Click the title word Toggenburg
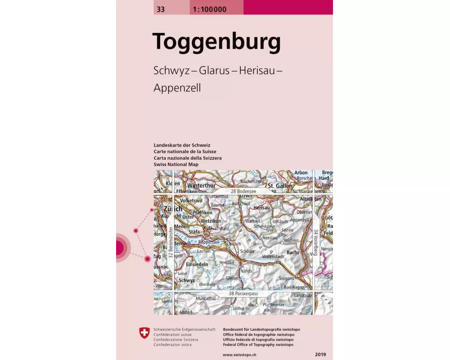(216, 42)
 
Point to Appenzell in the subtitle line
(177, 88)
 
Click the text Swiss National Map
(176, 165)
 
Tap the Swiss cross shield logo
(144, 333)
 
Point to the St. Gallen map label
(280, 186)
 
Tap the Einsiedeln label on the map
(198, 264)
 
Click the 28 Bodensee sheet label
(243, 191)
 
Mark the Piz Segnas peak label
(274, 305)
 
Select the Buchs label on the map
(292, 252)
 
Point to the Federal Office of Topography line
(258, 345)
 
